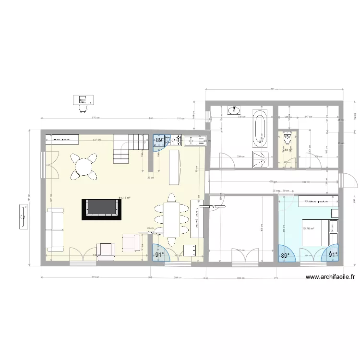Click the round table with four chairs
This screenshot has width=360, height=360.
click(x=84, y=167)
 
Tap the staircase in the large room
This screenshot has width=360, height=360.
click(x=129, y=148)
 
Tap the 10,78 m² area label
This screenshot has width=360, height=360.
click(x=308, y=228)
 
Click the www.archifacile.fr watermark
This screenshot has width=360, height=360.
click(x=332, y=277)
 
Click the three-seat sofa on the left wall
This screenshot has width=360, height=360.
click(x=55, y=230)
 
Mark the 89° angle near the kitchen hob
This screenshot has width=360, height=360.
click(x=159, y=141)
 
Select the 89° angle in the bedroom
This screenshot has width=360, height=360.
click(x=285, y=256)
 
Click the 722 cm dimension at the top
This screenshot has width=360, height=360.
click(x=274, y=89)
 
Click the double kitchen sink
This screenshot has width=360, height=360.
click(x=195, y=140)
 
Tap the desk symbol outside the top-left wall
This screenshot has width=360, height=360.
click(x=83, y=101)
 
